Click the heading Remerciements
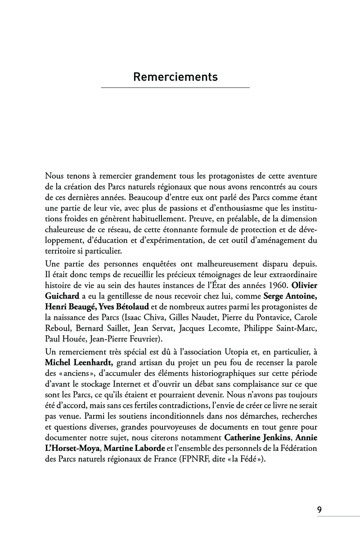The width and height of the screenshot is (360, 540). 175,77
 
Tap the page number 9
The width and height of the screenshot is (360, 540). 319,510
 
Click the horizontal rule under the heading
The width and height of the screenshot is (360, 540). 175,87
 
